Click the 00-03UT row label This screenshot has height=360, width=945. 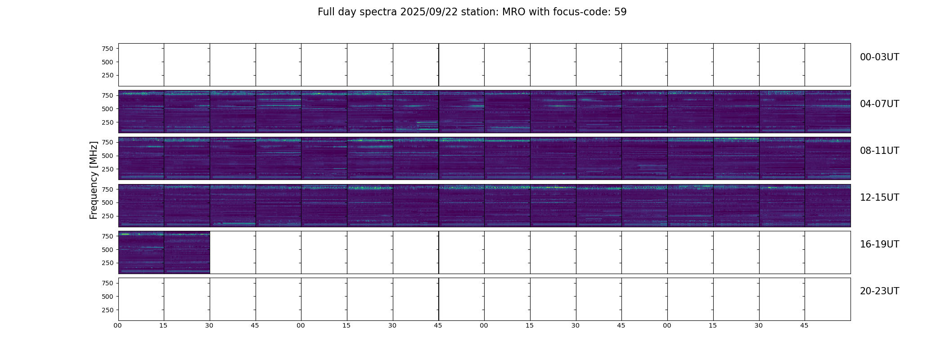(879, 57)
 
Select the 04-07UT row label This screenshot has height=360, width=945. (879, 104)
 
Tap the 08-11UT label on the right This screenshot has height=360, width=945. (879, 151)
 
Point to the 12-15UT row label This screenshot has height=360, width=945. (879, 198)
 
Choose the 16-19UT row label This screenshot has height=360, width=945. (879, 244)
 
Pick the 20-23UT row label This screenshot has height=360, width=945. (879, 291)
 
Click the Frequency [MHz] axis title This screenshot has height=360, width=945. (94, 180)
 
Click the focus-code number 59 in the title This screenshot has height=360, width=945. (621, 12)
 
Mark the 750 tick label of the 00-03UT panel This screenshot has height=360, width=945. (107, 49)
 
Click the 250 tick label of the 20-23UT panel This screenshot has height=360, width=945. (107, 310)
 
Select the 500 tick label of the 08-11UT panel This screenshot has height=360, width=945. (107, 156)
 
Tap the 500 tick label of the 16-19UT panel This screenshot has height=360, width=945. (107, 250)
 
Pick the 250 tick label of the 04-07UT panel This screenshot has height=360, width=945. (107, 122)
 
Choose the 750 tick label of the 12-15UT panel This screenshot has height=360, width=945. (107, 189)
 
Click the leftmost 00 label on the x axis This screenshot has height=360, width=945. (118, 325)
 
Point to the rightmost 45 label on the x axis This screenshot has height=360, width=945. (804, 325)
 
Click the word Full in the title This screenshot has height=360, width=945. (325, 12)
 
